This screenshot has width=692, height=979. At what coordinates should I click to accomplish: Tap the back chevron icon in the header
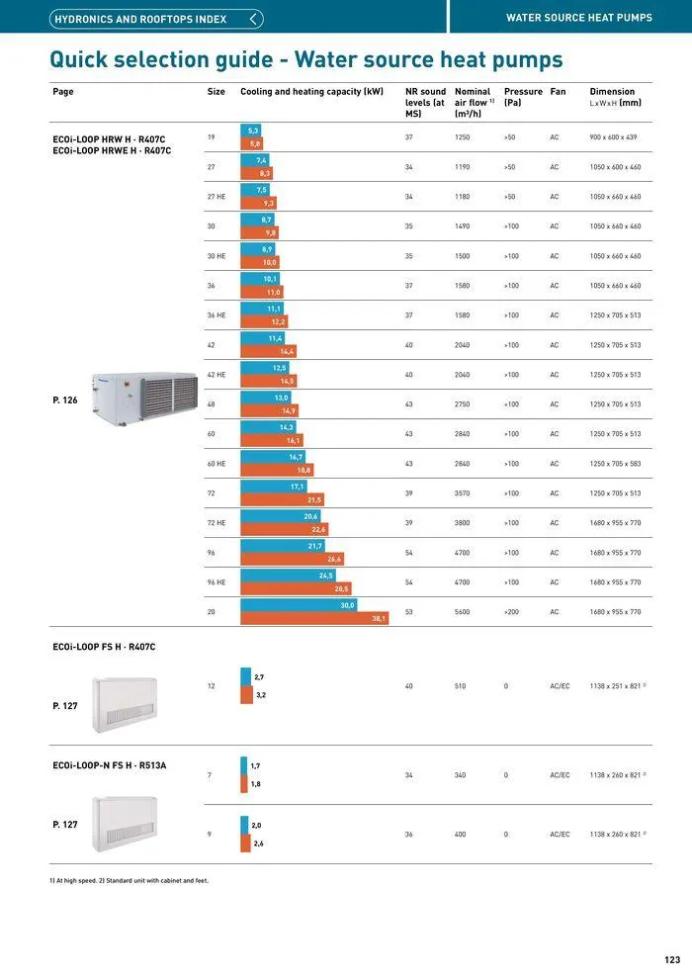[255, 19]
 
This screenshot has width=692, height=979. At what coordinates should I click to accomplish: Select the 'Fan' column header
[558, 92]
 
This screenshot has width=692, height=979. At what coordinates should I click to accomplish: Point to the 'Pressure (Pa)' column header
[523, 97]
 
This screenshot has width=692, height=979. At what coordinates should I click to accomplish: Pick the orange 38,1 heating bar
[314, 619]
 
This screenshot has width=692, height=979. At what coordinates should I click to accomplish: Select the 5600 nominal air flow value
[462, 612]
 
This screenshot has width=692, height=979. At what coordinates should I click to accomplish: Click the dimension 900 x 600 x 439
[614, 137]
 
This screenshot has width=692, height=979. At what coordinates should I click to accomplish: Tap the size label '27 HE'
[216, 197]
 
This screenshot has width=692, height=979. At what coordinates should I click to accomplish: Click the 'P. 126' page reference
[64, 400]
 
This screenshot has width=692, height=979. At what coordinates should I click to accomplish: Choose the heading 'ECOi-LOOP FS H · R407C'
[104, 647]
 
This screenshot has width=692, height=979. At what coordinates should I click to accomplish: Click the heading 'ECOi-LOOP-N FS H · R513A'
[109, 765]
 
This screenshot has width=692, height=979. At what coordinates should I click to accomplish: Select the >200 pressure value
[511, 612]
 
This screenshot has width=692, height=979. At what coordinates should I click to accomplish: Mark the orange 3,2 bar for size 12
[246, 695]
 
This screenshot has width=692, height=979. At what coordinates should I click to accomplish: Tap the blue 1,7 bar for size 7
[243, 766]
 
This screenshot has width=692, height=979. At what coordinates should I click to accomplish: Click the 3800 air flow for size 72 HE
[462, 523]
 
